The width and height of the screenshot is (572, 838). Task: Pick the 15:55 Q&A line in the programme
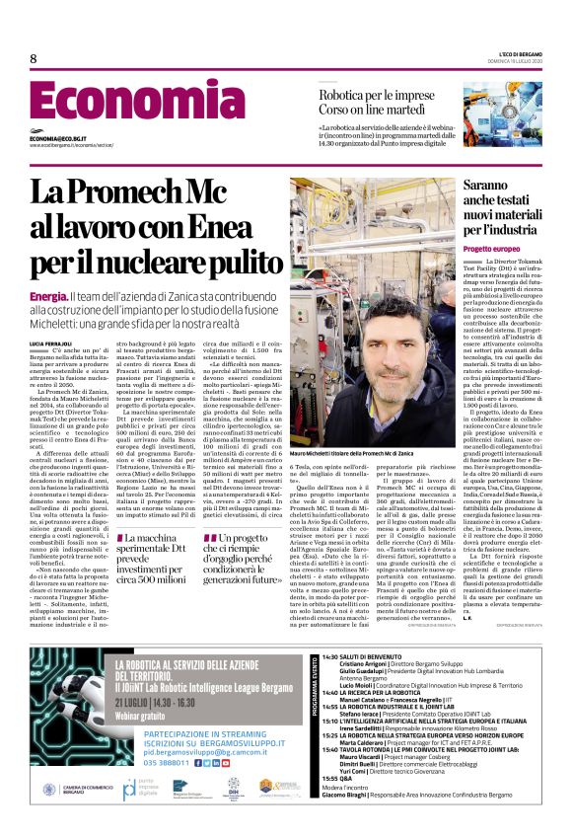[x=343, y=805]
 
